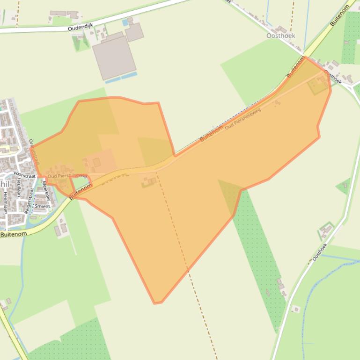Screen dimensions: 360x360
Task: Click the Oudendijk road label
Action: point(81,28)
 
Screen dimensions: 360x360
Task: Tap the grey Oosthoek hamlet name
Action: point(281,36)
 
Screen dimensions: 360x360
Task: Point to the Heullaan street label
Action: point(19,189)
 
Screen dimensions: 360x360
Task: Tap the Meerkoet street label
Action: point(46,192)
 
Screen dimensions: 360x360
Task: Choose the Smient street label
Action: point(42,206)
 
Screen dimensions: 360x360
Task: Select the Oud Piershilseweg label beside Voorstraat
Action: point(67,176)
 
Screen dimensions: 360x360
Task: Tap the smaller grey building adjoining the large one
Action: point(134,32)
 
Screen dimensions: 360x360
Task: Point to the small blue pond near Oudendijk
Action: point(125,22)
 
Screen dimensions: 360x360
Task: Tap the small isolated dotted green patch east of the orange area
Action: point(344,186)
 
